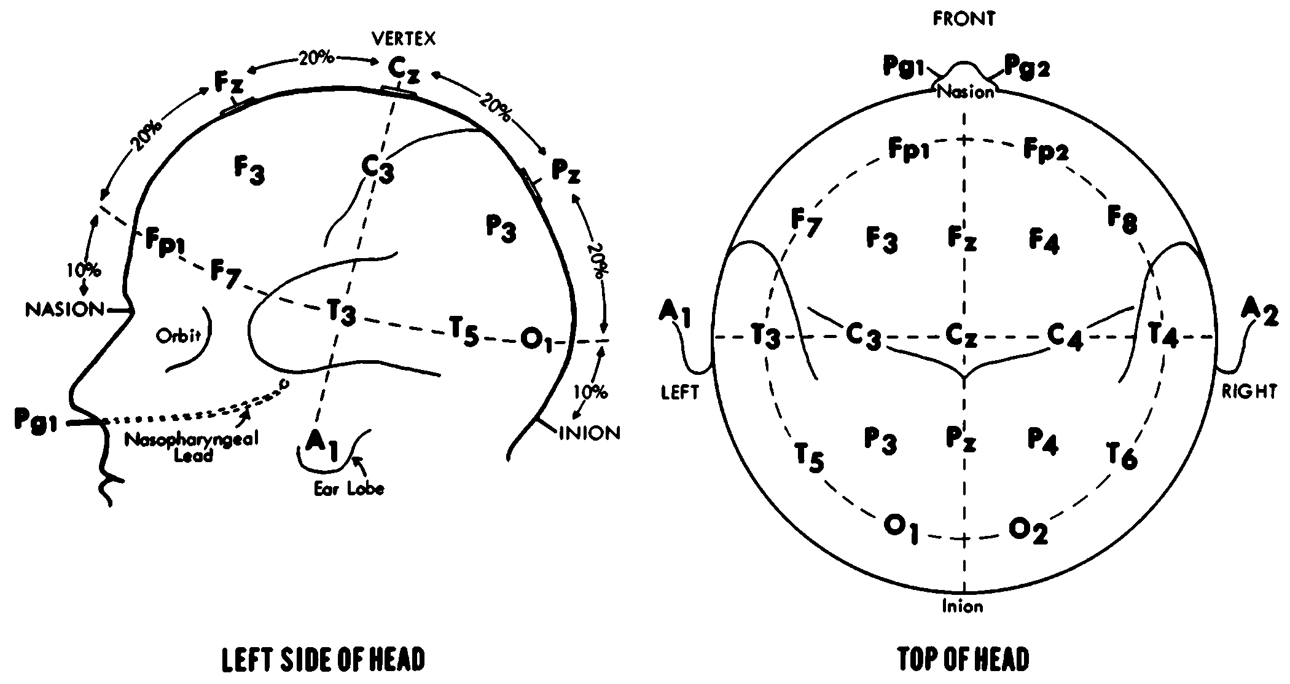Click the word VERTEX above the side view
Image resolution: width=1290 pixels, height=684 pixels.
404,39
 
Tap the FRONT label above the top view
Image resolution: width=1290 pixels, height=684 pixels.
963,19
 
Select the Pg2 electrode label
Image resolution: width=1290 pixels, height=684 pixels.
1026,66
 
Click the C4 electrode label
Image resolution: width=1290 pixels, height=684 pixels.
1065,337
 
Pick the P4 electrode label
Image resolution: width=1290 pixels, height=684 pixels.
1042,441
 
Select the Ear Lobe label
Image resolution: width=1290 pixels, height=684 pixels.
349,489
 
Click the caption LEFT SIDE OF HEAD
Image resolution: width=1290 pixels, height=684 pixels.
323,660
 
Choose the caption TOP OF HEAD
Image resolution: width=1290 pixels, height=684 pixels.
963,660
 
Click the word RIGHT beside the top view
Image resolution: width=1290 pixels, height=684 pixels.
1249,392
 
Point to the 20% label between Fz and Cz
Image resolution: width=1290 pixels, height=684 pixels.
316,58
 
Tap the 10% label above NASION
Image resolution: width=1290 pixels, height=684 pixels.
84,270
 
